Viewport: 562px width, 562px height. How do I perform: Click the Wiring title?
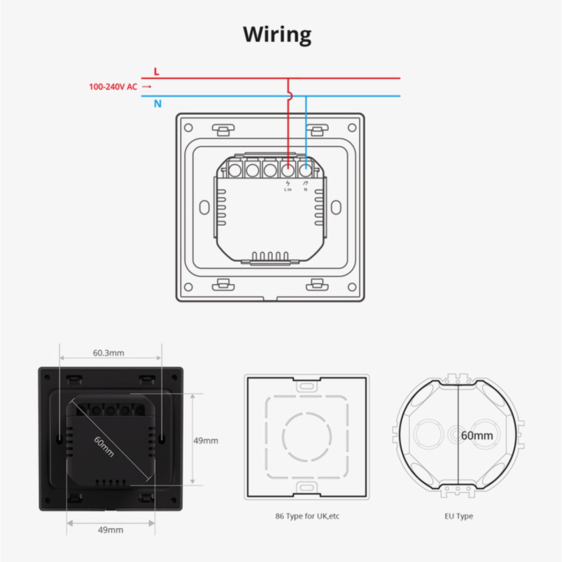(x=277, y=35)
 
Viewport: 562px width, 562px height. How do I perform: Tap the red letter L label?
(x=156, y=72)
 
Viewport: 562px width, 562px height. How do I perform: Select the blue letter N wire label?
(x=158, y=104)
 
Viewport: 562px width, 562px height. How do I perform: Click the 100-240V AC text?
(x=113, y=87)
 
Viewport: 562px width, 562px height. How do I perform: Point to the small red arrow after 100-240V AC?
(x=147, y=87)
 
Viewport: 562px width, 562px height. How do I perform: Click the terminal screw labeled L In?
(x=288, y=170)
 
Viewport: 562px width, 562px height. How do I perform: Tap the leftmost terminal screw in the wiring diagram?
(x=234, y=170)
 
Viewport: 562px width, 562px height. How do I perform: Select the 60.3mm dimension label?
(x=109, y=353)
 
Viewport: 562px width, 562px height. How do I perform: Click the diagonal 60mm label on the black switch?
(x=104, y=446)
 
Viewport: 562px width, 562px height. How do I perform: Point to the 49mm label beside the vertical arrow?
(x=206, y=440)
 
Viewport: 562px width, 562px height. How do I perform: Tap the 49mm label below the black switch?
(x=111, y=530)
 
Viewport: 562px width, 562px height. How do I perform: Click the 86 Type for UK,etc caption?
(x=307, y=516)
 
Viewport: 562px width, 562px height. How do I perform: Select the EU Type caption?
(x=458, y=516)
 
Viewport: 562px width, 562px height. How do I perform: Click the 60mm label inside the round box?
(x=477, y=436)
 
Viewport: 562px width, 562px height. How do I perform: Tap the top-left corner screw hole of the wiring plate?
(x=188, y=127)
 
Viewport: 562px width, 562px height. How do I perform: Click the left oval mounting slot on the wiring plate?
(x=205, y=207)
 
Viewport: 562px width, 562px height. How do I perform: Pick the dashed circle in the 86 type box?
(x=307, y=436)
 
